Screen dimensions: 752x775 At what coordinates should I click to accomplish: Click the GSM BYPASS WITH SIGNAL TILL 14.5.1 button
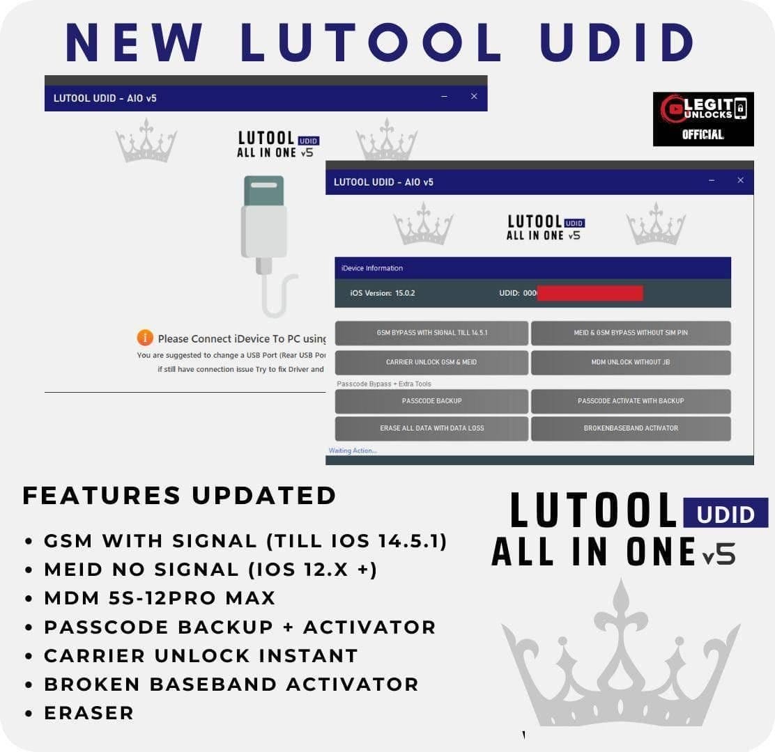pyautogui.click(x=431, y=333)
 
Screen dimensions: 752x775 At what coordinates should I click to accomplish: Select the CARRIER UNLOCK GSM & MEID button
pyautogui.click(x=431, y=362)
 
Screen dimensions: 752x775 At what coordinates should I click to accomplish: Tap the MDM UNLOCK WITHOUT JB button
pyautogui.click(x=631, y=362)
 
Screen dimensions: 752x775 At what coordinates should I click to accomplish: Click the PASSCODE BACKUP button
pyautogui.click(x=431, y=401)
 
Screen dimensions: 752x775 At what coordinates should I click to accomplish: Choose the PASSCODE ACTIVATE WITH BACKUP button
pyautogui.click(x=631, y=401)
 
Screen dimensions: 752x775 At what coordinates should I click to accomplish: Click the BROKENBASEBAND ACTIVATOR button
pyautogui.click(x=631, y=428)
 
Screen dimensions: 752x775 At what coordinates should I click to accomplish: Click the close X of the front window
pyautogui.click(x=740, y=180)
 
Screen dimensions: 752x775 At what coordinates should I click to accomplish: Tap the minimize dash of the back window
pyautogui.click(x=444, y=97)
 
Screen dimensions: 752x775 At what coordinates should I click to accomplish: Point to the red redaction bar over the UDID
pyautogui.click(x=590, y=293)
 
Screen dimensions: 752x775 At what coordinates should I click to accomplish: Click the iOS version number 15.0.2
pyautogui.click(x=405, y=293)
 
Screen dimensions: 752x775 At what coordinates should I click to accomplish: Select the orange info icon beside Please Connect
pyautogui.click(x=145, y=338)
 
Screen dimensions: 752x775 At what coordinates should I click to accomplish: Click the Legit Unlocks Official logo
pyautogui.click(x=703, y=119)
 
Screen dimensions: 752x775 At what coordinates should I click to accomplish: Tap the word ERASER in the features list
pyautogui.click(x=89, y=713)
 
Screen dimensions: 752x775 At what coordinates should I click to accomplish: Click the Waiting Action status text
pyautogui.click(x=353, y=451)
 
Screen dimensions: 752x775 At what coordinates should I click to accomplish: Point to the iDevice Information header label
pyautogui.click(x=372, y=268)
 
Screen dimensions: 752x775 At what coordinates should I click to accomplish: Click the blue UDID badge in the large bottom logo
pyautogui.click(x=725, y=513)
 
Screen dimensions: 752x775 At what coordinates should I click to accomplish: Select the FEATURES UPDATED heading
pyautogui.click(x=180, y=495)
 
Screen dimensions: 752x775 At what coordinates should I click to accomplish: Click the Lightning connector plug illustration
pyautogui.click(x=264, y=223)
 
